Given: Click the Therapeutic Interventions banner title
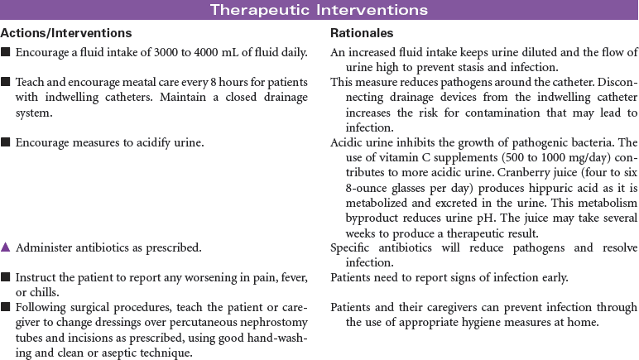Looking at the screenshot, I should click(x=319, y=10).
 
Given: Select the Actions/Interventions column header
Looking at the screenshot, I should click(x=66, y=34).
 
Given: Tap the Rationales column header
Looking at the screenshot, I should click(x=362, y=34).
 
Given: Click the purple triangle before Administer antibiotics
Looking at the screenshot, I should click(x=6, y=247).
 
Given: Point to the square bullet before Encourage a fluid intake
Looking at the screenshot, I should click(x=6, y=53).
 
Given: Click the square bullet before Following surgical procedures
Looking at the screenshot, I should click(x=6, y=307).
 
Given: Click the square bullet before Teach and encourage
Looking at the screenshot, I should click(x=6, y=83).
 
